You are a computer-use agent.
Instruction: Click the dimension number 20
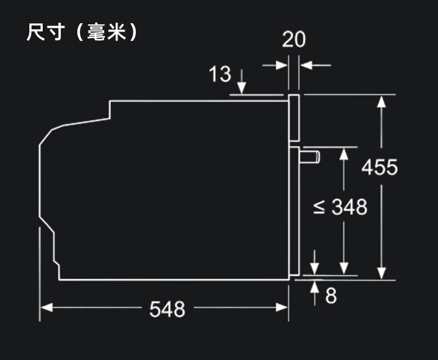point(293,40)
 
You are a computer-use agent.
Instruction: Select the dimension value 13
point(220,74)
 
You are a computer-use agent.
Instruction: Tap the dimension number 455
point(380,167)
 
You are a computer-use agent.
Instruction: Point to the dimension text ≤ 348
point(340,208)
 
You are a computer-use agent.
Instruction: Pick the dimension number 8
point(330,295)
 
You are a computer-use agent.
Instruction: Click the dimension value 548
point(167,310)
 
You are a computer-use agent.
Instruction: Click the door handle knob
point(309,156)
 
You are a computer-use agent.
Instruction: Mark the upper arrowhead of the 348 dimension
point(344,153)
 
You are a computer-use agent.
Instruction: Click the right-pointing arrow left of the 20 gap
point(282,65)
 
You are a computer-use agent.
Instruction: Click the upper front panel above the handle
point(294,119)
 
